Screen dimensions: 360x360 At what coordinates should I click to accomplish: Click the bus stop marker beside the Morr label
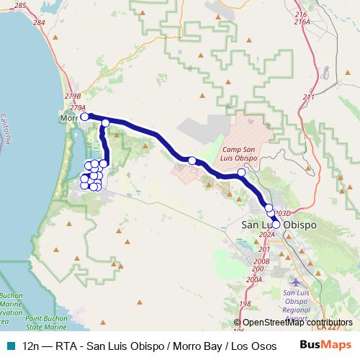coord(84,116)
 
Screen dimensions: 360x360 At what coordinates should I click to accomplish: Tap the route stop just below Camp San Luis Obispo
coord(241,172)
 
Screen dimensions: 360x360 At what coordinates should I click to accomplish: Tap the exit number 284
coord(38,23)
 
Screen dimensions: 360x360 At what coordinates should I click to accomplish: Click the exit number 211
coord(309,97)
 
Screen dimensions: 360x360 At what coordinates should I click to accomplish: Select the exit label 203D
coord(282,214)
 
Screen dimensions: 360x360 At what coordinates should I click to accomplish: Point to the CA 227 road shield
coord(330,328)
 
